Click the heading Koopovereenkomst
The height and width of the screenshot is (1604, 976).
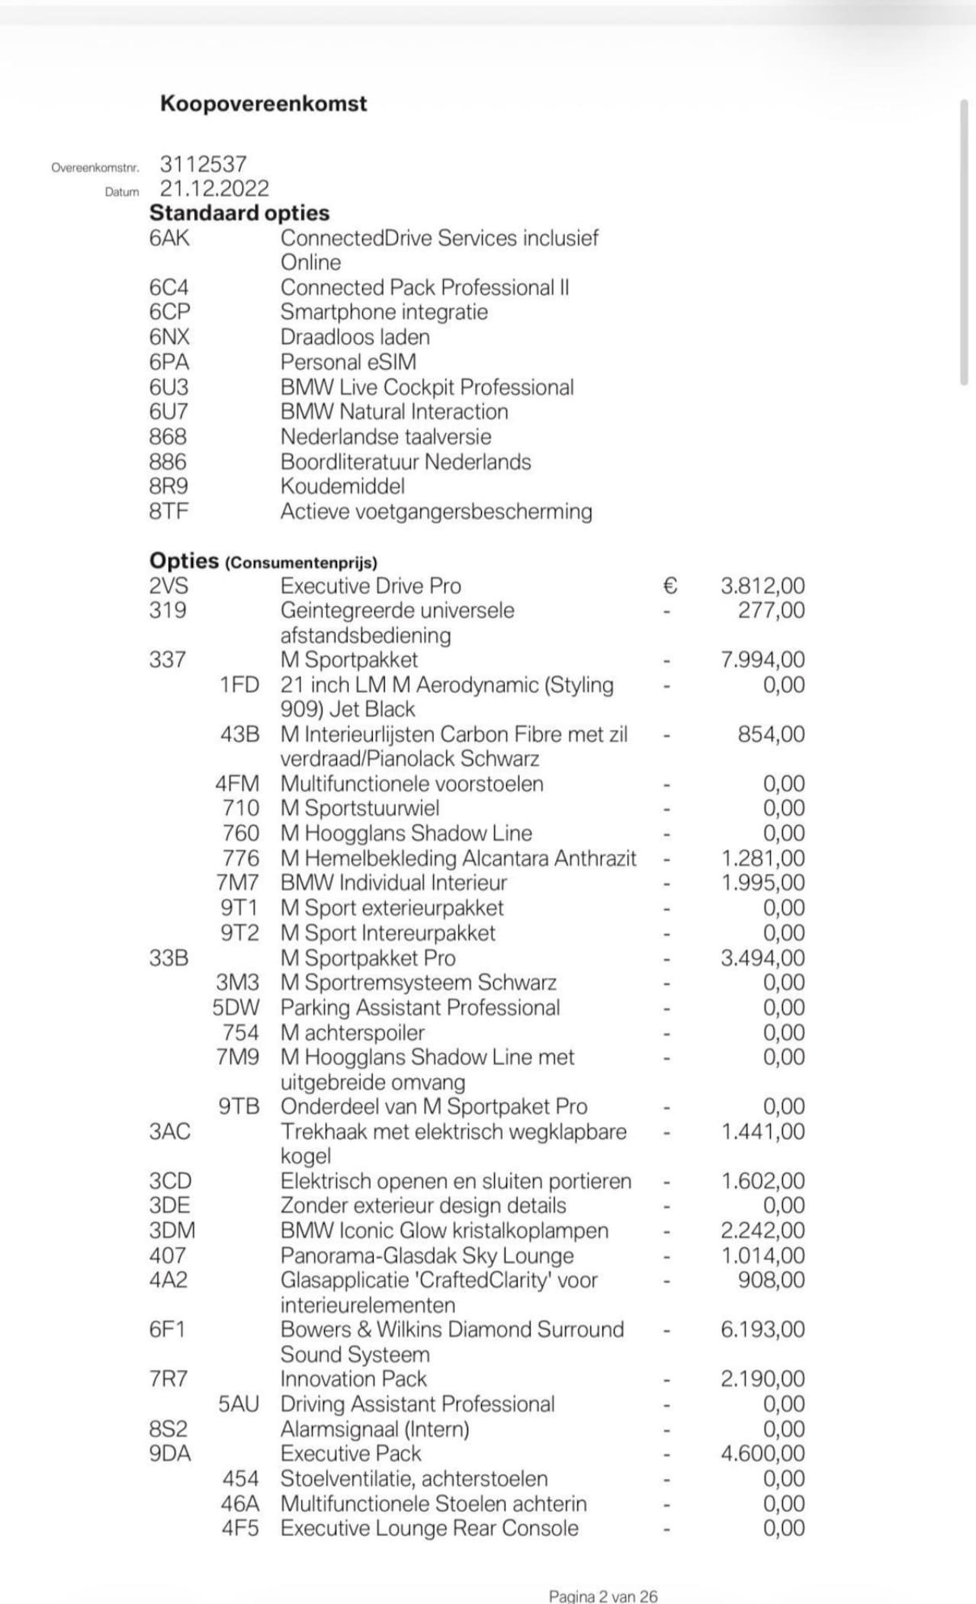tap(263, 104)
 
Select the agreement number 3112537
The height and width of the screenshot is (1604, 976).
tap(204, 164)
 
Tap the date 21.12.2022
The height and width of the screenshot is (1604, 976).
tap(214, 188)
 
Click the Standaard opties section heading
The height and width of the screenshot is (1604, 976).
tap(239, 213)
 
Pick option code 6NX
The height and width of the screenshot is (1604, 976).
tap(169, 337)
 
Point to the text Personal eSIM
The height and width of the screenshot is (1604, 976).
tap(348, 362)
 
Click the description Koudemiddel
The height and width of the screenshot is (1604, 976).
tap(342, 486)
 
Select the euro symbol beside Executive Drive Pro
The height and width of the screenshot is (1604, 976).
tap(669, 585)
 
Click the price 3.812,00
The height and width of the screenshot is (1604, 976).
tap(762, 585)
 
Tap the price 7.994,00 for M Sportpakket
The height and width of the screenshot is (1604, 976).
tap(762, 659)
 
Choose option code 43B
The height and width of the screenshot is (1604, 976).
tap(239, 734)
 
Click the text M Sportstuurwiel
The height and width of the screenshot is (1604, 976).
tap(360, 808)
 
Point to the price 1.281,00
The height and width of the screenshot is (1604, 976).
tap(762, 858)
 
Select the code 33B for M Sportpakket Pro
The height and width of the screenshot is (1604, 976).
tap(169, 958)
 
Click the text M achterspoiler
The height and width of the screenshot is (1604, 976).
tap(352, 1032)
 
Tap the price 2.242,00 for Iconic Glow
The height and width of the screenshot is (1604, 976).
tap(762, 1230)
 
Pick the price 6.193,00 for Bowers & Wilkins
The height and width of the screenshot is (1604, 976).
tap(762, 1330)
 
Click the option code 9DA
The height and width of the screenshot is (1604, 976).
tap(170, 1453)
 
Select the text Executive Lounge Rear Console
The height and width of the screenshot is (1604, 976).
tap(429, 1528)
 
